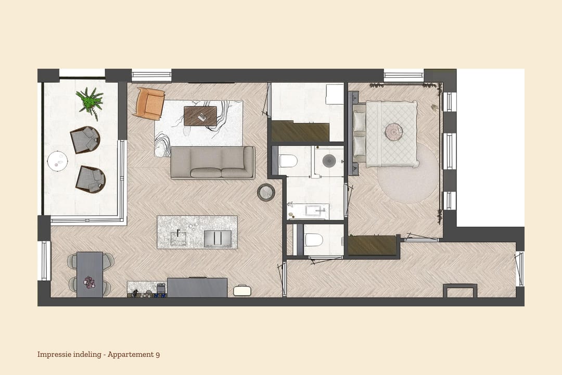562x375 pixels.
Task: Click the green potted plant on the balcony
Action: click(90, 101)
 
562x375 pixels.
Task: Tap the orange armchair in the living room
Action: click(149, 103)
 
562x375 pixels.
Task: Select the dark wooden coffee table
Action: click(200, 116)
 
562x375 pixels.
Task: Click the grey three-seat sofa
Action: click(213, 162)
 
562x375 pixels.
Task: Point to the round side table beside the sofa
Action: click(266, 192)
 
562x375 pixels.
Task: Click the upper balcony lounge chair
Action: click(85, 140)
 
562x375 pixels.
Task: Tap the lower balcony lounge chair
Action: click(90, 179)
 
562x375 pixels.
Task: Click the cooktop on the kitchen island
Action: click(218, 238)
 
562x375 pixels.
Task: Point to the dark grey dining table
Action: click(90, 274)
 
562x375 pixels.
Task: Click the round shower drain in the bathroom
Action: click(329, 160)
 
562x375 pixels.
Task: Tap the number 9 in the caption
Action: click(157, 355)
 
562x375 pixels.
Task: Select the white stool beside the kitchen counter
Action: click(241, 290)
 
